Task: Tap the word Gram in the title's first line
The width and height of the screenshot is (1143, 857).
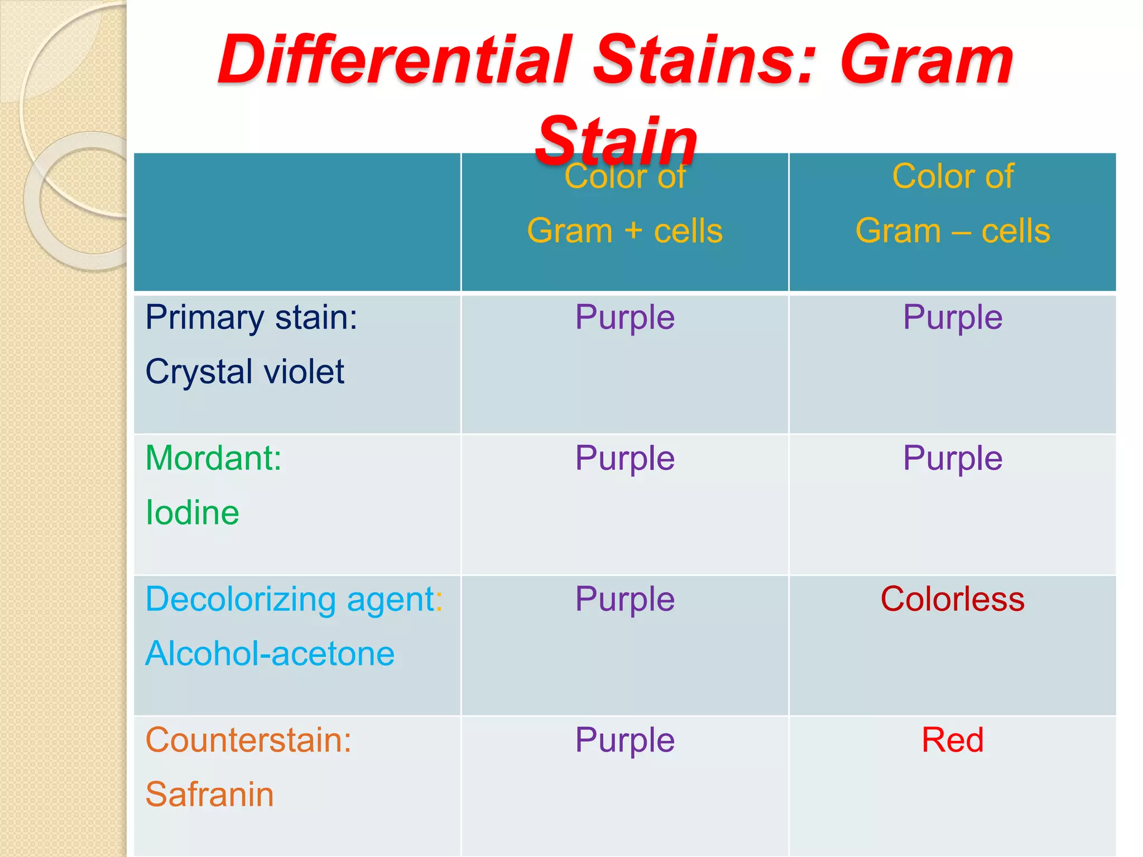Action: [x=926, y=60]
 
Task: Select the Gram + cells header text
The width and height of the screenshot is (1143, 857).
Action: [x=625, y=231]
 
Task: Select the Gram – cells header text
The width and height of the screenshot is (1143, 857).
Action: [x=952, y=231]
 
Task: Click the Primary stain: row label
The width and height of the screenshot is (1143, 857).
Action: [x=251, y=318]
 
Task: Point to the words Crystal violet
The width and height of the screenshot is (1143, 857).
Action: [x=244, y=372]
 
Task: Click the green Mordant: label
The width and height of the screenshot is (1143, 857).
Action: [x=213, y=459]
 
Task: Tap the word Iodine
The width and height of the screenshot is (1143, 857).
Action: [x=192, y=513]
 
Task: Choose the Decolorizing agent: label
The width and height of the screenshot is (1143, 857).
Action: [x=294, y=600]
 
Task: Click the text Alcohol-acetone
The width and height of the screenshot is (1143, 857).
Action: [x=270, y=654]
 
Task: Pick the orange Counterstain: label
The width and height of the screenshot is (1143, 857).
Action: [x=248, y=740]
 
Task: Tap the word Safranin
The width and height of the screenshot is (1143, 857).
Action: [x=209, y=795]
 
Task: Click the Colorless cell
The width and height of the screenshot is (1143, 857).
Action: [x=952, y=599]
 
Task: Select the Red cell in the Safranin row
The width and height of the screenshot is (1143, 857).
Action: [x=952, y=740]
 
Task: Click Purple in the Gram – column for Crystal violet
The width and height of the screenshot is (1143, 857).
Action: [x=952, y=318]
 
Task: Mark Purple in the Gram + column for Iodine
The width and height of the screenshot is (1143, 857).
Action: [x=625, y=459]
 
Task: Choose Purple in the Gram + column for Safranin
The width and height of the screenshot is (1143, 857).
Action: [x=625, y=740]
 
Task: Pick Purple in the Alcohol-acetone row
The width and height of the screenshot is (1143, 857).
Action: [x=625, y=600]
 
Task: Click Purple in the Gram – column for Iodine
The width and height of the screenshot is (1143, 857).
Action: [x=952, y=459]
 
